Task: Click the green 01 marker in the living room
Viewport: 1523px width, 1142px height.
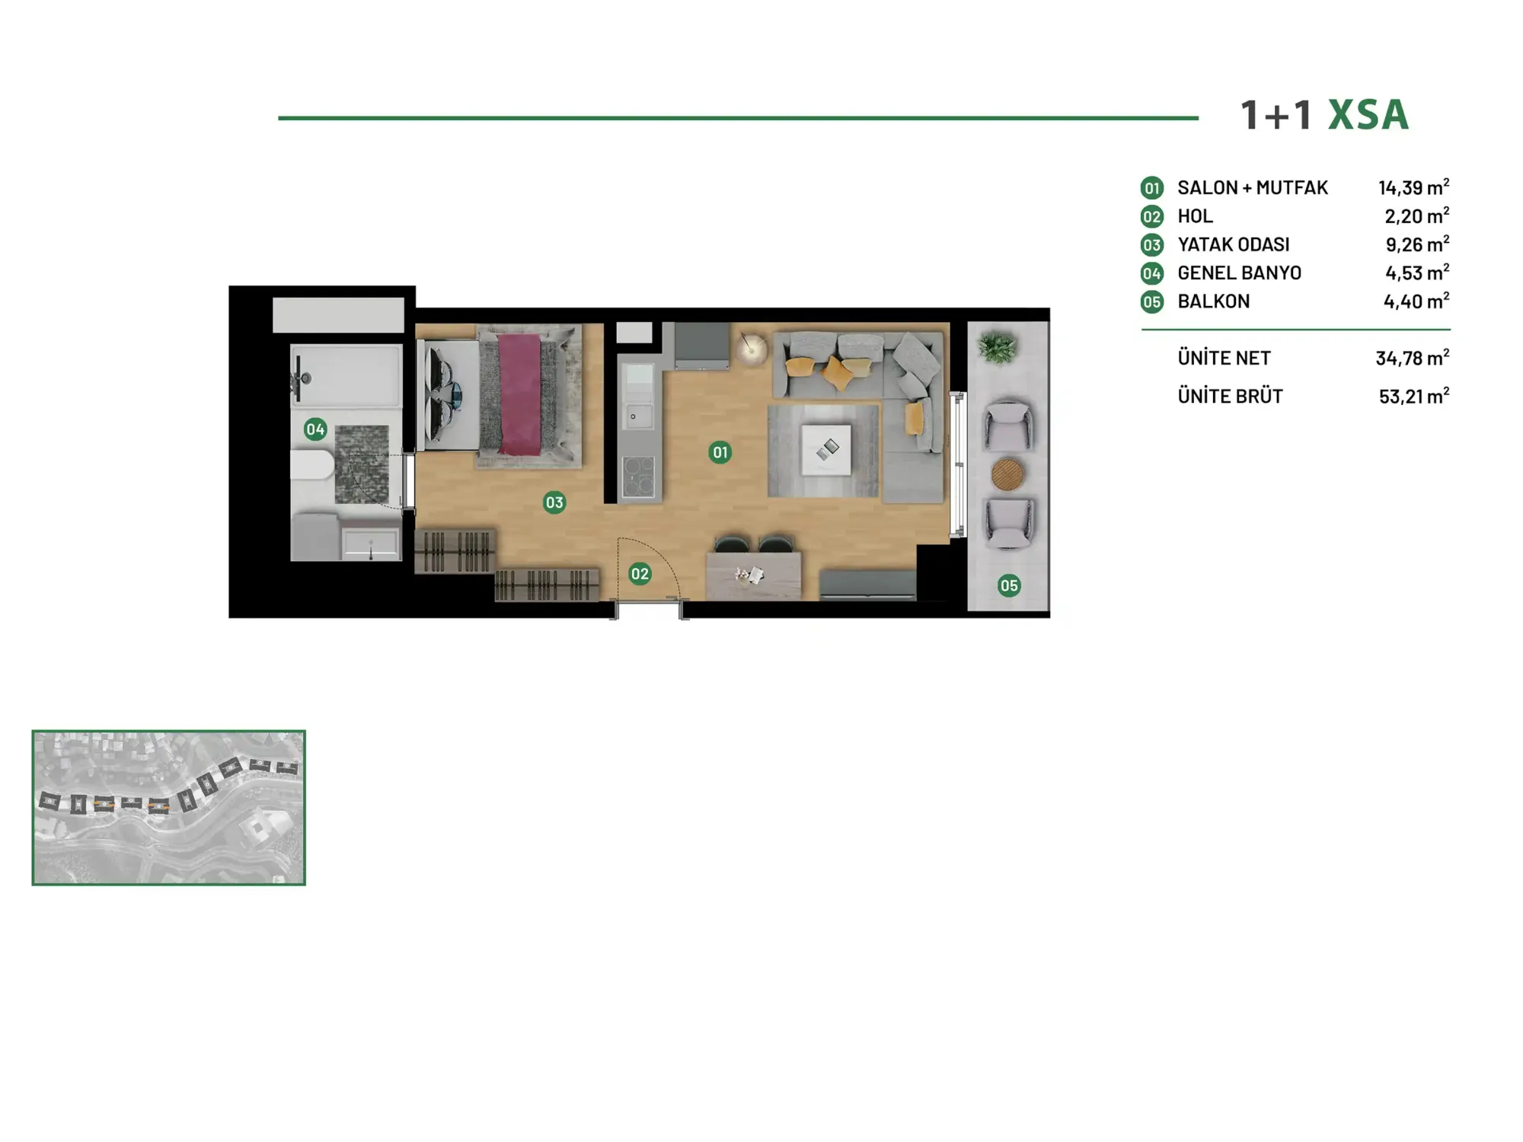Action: [720, 452]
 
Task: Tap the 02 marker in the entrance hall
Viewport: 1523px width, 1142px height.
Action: [640, 574]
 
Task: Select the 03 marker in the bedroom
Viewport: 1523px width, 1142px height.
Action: [554, 502]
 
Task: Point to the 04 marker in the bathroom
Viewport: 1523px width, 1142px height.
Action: [315, 429]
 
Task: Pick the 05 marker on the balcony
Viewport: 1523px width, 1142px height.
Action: [1009, 585]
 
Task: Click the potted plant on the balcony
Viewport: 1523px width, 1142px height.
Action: [997, 348]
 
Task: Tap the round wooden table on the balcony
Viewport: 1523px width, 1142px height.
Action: [1007, 474]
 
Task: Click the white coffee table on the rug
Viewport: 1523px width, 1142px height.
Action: [826, 449]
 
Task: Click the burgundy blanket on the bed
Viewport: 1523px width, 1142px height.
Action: [520, 394]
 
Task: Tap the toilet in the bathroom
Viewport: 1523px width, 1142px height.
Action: [312, 465]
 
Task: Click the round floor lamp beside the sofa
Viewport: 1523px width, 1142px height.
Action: [752, 349]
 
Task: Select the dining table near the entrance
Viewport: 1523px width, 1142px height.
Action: [754, 576]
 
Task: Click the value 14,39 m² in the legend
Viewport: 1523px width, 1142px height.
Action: [1413, 187]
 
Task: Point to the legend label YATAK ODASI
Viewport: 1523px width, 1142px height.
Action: [1234, 244]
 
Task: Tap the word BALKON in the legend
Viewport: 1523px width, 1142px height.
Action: [1214, 301]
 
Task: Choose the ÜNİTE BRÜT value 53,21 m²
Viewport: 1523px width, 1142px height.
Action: [1413, 396]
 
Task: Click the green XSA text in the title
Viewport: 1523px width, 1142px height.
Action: [1368, 115]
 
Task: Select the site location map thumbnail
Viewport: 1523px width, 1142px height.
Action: [168, 808]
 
